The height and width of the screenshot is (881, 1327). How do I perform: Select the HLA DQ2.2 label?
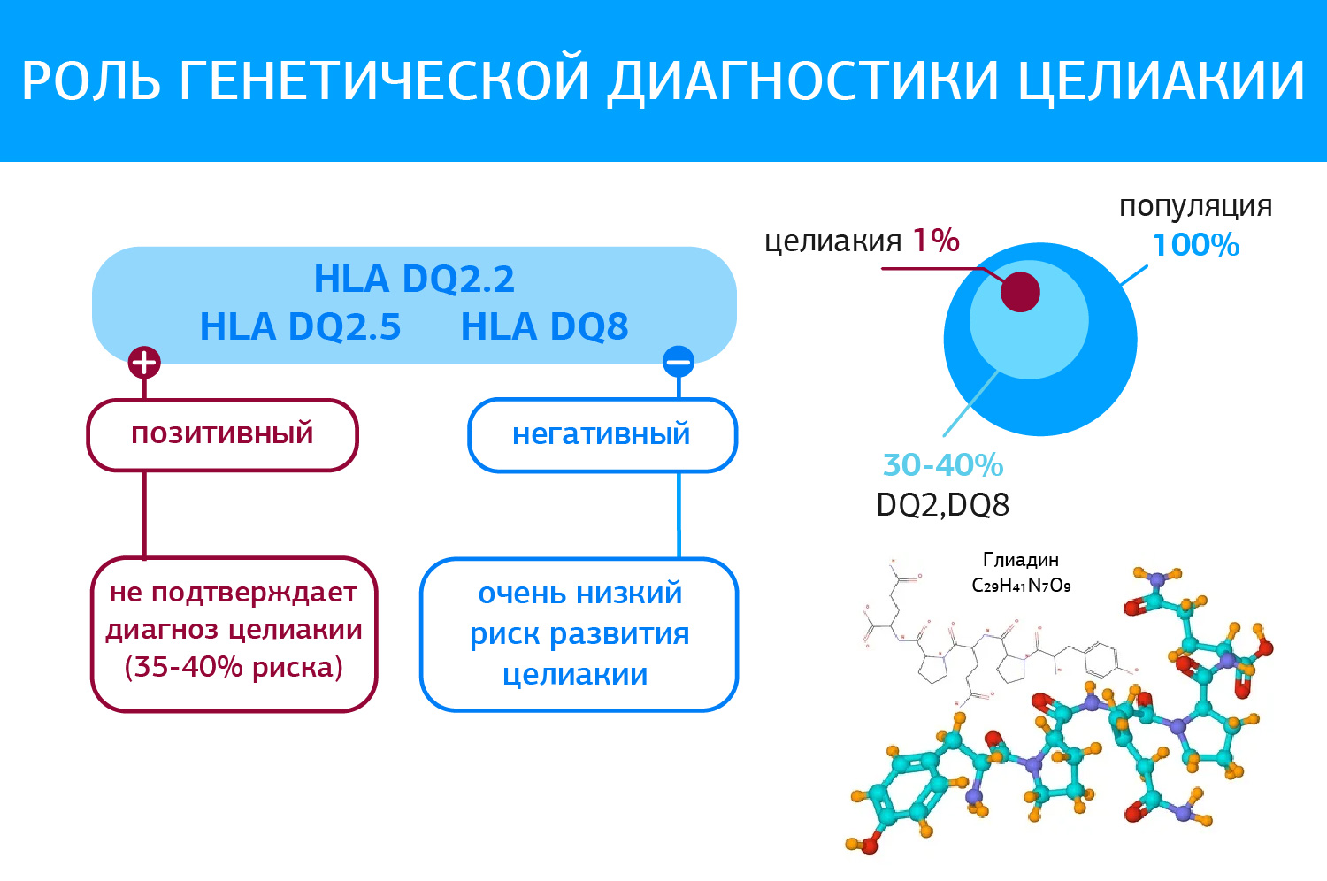(414, 279)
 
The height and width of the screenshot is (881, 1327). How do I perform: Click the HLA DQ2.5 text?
(301, 326)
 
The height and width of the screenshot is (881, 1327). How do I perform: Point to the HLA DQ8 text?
(544, 326)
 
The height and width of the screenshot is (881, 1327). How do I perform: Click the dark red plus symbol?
(144, 363)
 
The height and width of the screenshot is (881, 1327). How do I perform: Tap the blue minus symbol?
(679, 362)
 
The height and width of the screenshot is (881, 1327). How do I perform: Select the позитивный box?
(223, 435)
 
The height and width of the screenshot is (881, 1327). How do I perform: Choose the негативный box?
(602, 435)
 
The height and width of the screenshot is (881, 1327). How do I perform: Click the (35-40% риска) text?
(234, 667)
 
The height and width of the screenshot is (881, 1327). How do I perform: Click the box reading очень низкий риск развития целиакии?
(579, 634)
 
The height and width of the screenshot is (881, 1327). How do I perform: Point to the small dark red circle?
(1020, 292)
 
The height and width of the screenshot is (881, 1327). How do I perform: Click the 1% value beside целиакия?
(936, 241)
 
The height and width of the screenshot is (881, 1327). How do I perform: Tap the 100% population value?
(1196, 245)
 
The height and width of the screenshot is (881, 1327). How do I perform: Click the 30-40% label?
(943, 465)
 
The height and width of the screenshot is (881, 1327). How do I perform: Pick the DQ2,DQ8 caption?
(942, 505)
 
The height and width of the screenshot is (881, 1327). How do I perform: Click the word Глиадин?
(1021, 560)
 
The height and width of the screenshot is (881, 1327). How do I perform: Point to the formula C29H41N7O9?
(1021, 586)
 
